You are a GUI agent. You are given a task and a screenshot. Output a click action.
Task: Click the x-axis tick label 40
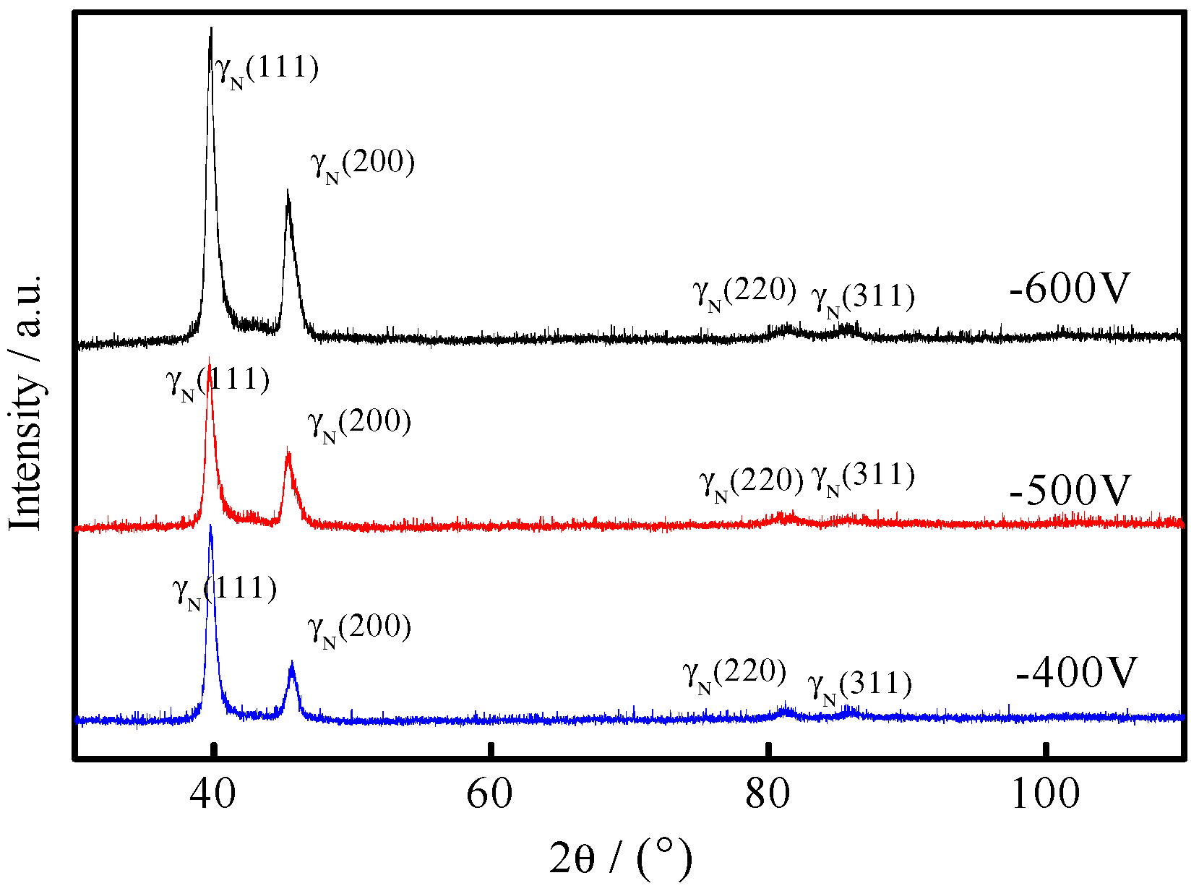pos(212,794)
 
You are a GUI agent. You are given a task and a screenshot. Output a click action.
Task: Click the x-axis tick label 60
pos(489,794)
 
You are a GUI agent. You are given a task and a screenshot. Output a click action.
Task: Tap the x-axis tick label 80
pos(767,794)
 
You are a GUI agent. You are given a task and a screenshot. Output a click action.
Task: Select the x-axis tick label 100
pos(1045,794)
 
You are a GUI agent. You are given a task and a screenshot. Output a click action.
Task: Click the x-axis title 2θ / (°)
pos(621,858)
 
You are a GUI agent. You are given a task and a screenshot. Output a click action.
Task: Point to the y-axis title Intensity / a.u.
pos(27,403)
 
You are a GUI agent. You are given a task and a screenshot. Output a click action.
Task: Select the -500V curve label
pos(1069,491)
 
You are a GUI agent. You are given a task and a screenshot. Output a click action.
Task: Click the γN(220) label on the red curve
pos(751,482)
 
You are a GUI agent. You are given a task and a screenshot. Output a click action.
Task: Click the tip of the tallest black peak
pos(211,28)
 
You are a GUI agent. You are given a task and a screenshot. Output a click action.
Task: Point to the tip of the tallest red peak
pos(210,358)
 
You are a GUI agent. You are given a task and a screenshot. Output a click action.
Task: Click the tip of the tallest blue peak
pos(210,525)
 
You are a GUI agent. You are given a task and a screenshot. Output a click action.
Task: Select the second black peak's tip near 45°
pos(288,191)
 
